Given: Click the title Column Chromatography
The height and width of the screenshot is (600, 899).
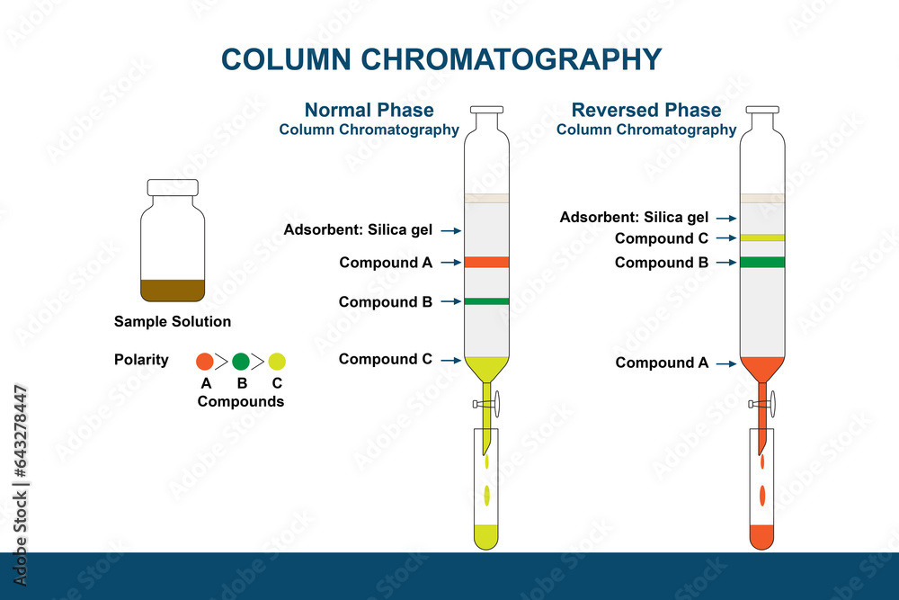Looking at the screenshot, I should pyautogui.click(x=441, y=59).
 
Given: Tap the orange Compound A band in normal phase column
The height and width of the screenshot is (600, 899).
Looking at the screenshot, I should pyautogui.click(x=486, y=263).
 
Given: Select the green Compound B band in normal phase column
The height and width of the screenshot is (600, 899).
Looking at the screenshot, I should pyautogui.click(x=486, y=301).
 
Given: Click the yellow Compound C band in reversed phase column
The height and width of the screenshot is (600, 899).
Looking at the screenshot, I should pyautogui.click(x=762, y=238).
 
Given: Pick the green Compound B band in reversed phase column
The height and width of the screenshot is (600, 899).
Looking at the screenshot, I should pyautogui.click(x=762, y=263).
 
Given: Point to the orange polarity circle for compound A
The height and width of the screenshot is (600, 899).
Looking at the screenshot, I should pyautogui.click(x=205, y=362).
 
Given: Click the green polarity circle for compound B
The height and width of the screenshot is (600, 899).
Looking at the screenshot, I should pyautogui.click(x=241, y=362).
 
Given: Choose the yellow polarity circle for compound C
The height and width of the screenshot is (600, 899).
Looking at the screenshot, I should pyautogui.click(x=277, y=362).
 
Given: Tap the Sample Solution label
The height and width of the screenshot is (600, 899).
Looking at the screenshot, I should pyautogui.click(x=173, y=322).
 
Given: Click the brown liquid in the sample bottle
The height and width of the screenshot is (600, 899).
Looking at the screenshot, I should pyautogui.click(x=173, y=291).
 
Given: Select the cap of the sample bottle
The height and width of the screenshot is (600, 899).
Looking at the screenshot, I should pyautogui.click(x=173, y=187).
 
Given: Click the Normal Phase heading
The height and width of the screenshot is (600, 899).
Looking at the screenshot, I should pyautogui.click(x=369, y=111).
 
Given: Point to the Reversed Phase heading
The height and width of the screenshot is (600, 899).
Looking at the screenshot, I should pyautogui.click(x=646, y=111).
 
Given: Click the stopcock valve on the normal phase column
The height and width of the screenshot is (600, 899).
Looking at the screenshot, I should pyautogui.click(x=493, y=405).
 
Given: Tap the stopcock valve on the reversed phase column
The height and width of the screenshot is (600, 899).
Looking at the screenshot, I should pyautogui.click(x=769, y=405).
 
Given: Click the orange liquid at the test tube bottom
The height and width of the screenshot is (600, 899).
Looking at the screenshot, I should pyautogui.click(x=762, y=536).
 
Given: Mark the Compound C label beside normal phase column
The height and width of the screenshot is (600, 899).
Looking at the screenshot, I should pyautogui.click(x=386, y=360).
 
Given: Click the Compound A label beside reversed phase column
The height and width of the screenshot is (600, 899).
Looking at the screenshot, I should pyautogui.click(x=662, y=363).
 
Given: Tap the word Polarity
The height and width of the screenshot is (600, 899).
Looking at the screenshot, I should pyautogui.click(x=141, y=360).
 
